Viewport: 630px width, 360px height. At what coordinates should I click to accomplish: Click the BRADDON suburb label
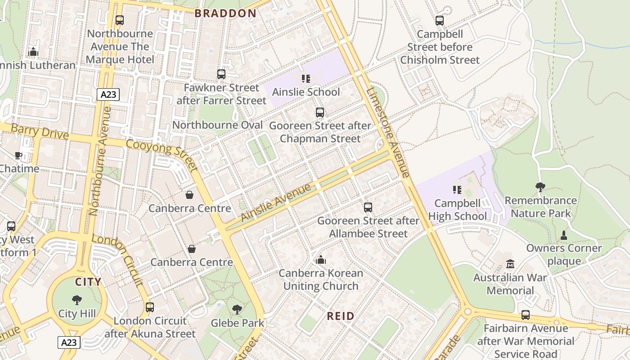point(225,13)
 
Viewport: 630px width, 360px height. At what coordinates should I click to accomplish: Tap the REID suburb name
point(341,316)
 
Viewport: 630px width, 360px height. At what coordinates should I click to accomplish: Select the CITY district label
point(88,282)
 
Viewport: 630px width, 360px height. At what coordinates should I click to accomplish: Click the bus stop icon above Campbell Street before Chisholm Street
point(440,21)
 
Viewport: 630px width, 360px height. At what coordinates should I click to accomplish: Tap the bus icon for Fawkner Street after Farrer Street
point(221,74)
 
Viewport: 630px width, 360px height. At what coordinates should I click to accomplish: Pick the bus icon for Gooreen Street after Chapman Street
point(320,112)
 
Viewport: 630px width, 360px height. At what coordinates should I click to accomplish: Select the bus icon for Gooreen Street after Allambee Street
point(368,207)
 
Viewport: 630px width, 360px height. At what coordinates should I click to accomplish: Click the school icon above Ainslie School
point(306,79)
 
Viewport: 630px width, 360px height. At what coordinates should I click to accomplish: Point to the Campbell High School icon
point(457,190)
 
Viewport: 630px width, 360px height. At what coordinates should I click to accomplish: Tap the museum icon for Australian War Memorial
point(510,264)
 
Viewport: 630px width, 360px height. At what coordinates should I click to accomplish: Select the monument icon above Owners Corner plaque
point(563,235)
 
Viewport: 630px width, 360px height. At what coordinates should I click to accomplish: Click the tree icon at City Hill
point(77,300)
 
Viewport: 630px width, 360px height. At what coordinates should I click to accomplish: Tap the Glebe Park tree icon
point(237,310)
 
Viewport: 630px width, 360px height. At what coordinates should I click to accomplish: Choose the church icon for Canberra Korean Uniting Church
point(321,260)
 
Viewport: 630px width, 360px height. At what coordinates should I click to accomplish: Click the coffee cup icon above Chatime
point(18,156)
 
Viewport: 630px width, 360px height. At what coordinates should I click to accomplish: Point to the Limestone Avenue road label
point(388,132)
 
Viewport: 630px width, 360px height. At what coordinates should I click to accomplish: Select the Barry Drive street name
point(40,132)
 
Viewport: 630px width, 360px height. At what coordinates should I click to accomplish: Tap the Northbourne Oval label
point(217,125)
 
